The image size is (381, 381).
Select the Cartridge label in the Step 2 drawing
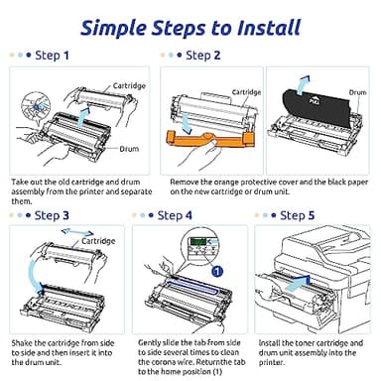pyautogui.click(x=246, y=91)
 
